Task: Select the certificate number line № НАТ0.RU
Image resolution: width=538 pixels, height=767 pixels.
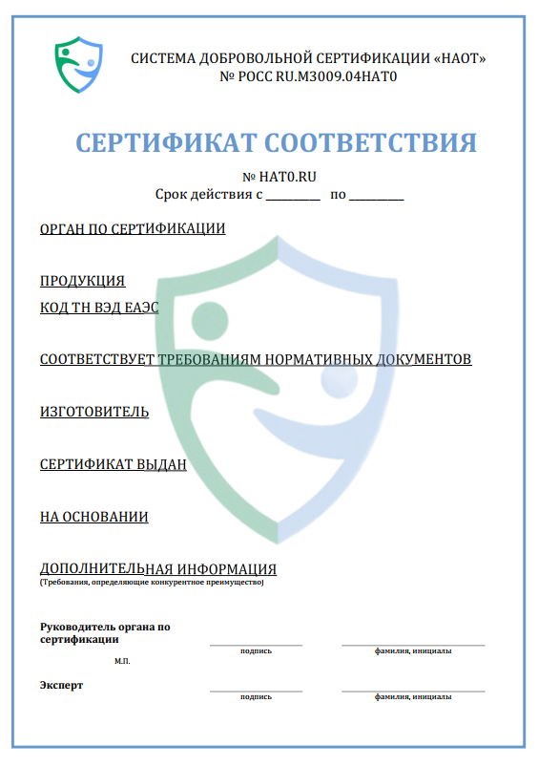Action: tap(279, 178)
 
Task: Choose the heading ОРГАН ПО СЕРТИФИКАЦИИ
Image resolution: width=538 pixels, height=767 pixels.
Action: tap(133, 229)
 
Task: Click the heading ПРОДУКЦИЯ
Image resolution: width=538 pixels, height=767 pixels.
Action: tap(82, 281)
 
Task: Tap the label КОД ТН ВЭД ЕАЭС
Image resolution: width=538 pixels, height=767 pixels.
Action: tap(99, 308)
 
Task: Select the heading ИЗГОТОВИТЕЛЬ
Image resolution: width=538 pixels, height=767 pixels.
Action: tap(94, 412)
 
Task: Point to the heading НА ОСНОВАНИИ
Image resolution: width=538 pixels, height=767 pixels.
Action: tap(93, 517)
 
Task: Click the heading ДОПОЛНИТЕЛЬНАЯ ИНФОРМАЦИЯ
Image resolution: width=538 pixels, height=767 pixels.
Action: tap(158, 569)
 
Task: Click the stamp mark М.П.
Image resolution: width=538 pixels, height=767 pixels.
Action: tap(122, 661)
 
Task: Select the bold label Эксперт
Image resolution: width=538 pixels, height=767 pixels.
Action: tap(62, 685)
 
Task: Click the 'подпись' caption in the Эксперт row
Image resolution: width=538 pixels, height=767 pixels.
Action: tap(256, 696)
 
